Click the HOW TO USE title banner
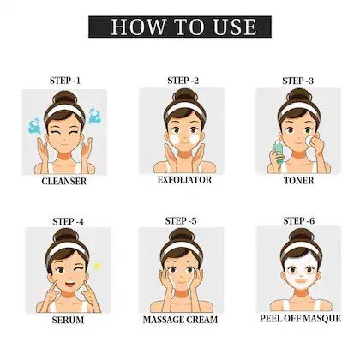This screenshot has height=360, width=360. tap(180, 27)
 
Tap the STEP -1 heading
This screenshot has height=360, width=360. tap(65, 81)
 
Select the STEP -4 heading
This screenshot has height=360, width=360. tap(68, 221)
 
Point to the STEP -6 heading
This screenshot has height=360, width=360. tap(299, 220)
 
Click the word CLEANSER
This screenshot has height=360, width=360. tap(64, 181)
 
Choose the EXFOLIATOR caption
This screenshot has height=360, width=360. tap(184, 180)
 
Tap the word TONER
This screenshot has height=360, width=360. tap(299, 181)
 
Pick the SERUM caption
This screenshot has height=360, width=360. tap(68, 320)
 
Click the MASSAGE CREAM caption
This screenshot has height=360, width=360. tap(180, 320)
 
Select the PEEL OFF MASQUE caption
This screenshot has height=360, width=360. tap(300, 318)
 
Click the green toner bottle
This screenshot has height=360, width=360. tap(278, 151)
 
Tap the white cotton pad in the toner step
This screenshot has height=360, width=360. tap(309, 141)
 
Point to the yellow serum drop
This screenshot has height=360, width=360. tap(98, 267)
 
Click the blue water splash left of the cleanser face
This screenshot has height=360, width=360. tap(34, 126)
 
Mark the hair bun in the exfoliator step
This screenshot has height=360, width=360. tap(185, 95)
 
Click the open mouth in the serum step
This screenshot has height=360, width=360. tap(69, 285)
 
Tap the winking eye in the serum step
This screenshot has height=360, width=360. tap(79, 268)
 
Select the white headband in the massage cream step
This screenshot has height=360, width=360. tap(181, 248)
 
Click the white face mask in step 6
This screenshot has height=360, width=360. tap(300, 271)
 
